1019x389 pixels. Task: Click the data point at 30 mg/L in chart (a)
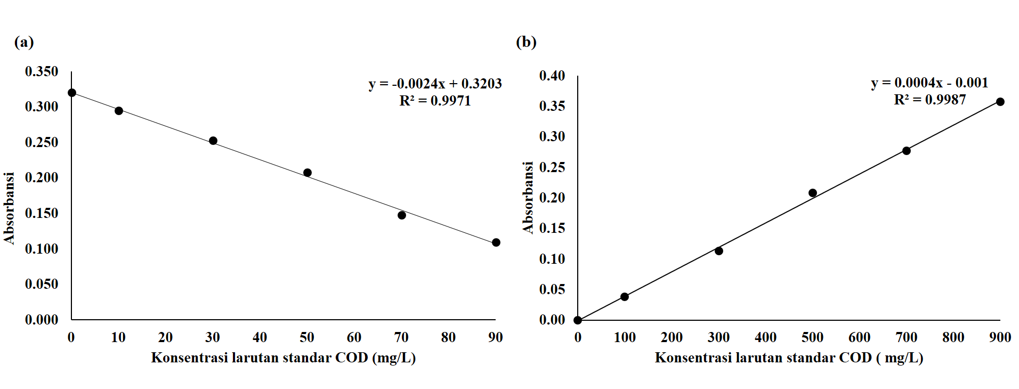click(213, 141)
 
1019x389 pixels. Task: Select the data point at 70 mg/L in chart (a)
click(401, 215)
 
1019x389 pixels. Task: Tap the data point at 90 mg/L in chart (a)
click(496, 242)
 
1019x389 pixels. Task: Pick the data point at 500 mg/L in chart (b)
click(812, 193)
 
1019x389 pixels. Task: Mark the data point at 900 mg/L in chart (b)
click(1000, 102)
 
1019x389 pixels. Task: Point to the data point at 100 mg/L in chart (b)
click(624, 297)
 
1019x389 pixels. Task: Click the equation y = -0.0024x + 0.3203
click(435, 84)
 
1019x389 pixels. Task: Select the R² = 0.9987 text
click(929, 100)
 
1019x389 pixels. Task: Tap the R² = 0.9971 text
click(435, 101)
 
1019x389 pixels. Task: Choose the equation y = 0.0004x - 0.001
click(929, 83)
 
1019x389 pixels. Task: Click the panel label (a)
click(24, 42)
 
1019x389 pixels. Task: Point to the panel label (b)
click(526, 42)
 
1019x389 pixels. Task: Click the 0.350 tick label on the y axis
click(42, 71)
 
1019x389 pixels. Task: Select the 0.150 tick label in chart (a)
click(42, 213)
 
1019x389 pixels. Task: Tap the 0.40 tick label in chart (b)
click(552, 76)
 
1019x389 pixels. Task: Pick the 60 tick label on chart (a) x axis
click(354, 337)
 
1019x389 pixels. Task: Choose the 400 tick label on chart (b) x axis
click(765, 337)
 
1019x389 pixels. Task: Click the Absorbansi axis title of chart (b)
click(528, 198)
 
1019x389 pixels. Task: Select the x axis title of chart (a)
click(283, 358)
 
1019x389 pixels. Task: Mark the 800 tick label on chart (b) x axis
click(953, 337)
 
